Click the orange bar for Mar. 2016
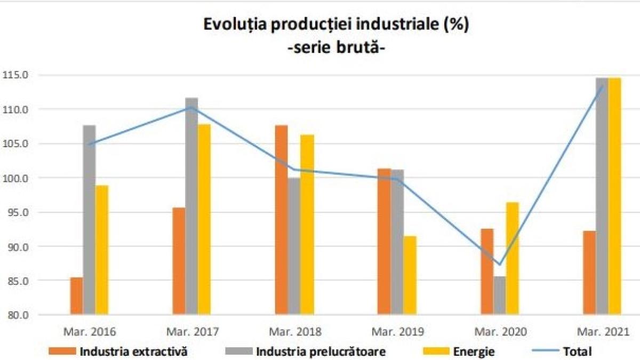[77, 296]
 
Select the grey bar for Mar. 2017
[191, 206]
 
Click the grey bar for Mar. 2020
[500, 295]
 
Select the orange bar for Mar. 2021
[589, 273]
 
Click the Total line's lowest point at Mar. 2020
[499, 264]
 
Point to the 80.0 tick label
[17, 315]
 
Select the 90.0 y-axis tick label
[17, 247]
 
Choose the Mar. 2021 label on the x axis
[602, 332]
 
